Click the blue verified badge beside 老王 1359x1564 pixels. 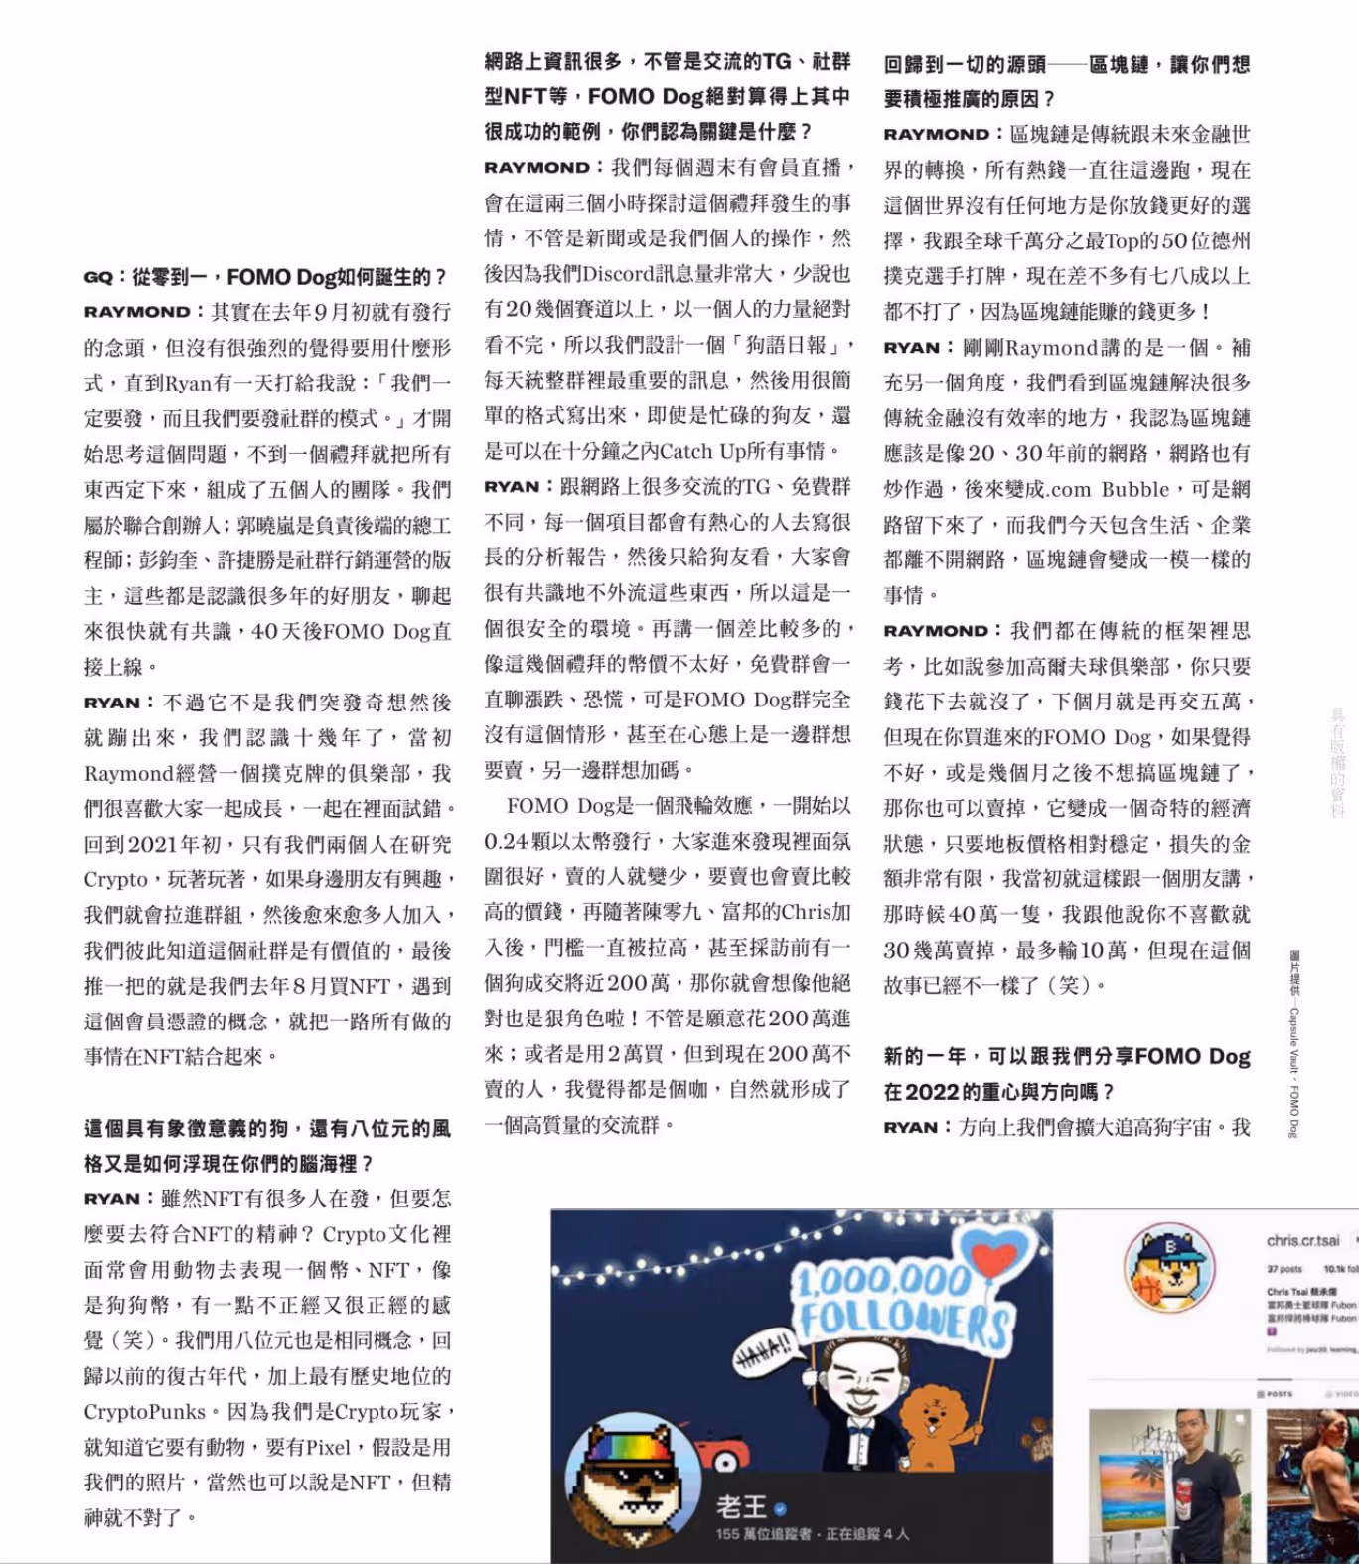[x=781, y=1508]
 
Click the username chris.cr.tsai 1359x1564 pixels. [x=1302, y=1240]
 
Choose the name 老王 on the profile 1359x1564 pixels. [x=741, y=1507]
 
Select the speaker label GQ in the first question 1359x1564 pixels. [x=98, y=277]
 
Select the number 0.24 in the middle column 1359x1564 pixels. [x=505, y=842]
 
